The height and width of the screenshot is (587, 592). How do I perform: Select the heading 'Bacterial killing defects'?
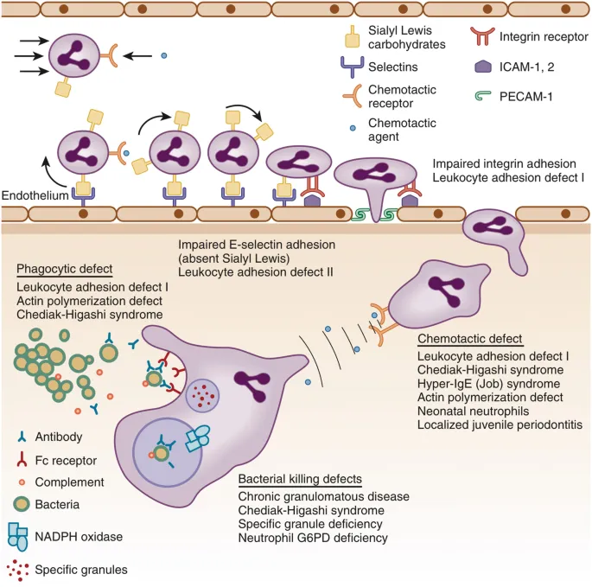pyautogui.click(x=299, y=479)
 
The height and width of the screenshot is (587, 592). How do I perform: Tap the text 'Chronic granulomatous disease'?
pyautogui.click(x=323, y=497)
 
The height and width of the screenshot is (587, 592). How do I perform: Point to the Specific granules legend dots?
pyautogui.click(x=28, y=569)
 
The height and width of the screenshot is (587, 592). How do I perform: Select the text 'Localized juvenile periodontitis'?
pyautogui.click(x=500, y=424)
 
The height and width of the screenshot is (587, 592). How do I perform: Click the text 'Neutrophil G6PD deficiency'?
pyautogui.click(x=312, y=539)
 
